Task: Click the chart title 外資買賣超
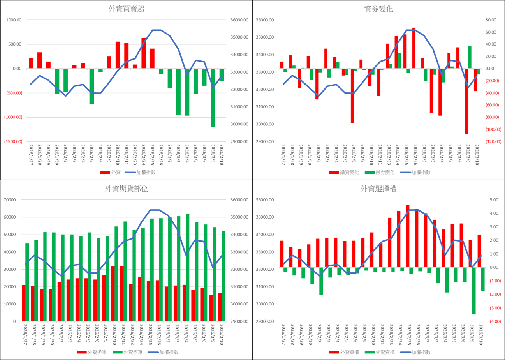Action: click(127, 10)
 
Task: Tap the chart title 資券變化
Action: click(378, 10)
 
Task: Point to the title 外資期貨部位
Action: click(127, 189)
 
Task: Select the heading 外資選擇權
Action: click(378, 189)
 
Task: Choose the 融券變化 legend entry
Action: click(382, 172)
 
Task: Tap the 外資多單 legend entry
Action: click(94, 352)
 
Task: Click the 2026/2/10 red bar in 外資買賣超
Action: click(118, 55)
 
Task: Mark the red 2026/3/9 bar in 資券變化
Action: click(466, 101)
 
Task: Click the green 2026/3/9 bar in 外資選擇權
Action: click(474, 290)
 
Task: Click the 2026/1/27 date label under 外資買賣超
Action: click(31, 155)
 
